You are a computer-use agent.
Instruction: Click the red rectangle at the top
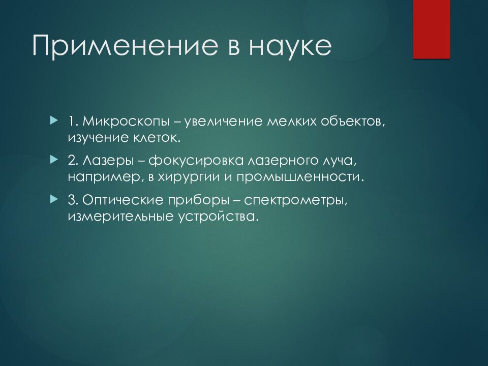point(432,29)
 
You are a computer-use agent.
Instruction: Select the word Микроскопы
point(126,121)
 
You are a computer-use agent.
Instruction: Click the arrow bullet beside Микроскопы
point(54,120)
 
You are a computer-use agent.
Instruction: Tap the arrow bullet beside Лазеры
point(54,160)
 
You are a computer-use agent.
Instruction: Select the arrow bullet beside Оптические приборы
point(54,199)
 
